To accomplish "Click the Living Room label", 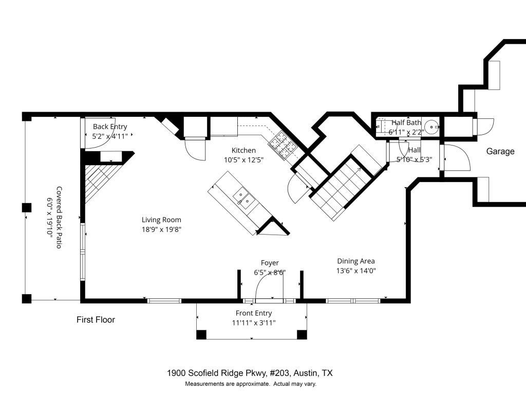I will tap(161, 220).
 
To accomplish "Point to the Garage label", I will tap(500, 151).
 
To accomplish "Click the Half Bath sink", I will tap(433, 125).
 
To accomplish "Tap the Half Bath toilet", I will tap(381, 126).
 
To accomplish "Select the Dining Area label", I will tap(355, 261).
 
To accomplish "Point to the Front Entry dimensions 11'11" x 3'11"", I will tap(254, 323).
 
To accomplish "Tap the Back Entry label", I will tap(109, 127).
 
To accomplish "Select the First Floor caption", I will tap(96, 320).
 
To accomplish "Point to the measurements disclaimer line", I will tap(251, 384).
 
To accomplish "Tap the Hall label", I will tap(414, 150).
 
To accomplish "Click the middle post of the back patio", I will tap(26, 208).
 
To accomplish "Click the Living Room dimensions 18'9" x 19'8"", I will tap(161, 229).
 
